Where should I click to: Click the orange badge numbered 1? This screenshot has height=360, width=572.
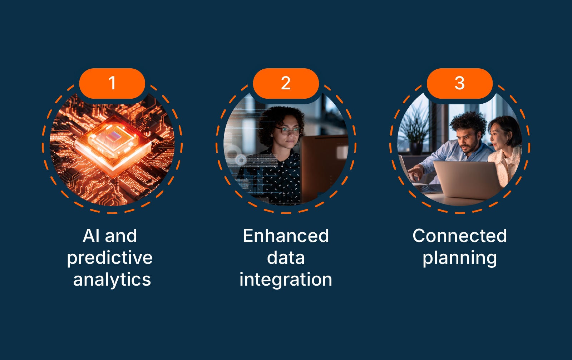click(112, 83)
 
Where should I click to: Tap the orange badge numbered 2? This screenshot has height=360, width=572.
click(286, 83)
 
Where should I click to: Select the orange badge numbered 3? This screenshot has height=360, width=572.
click(459, 83)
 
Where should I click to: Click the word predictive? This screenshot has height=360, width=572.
click(110, 258)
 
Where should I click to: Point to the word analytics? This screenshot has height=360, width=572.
click(112, 279)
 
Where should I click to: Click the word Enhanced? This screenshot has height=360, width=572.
click(286, 236)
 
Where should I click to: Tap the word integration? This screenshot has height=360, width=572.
click(286, 279)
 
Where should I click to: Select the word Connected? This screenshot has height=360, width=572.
click(459, 236)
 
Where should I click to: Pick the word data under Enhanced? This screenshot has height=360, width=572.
click(286, 258)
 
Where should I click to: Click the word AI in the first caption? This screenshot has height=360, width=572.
click(91, 236)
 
